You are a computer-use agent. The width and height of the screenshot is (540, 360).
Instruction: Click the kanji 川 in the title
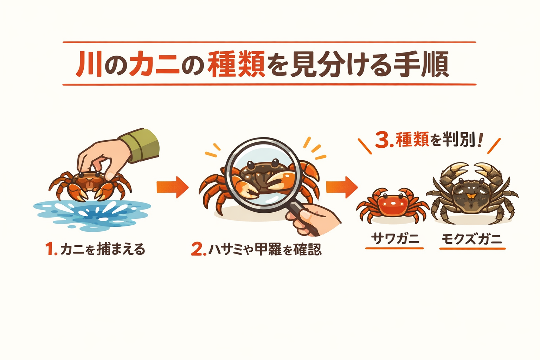point(89,64)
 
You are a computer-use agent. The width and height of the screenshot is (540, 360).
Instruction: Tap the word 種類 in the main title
point(236,64)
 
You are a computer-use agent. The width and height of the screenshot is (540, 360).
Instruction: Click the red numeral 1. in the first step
point(51,249)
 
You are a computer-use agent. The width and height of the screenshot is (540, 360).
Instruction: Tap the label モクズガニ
point(471,239)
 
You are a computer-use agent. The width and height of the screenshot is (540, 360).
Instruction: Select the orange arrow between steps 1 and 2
point(172,187)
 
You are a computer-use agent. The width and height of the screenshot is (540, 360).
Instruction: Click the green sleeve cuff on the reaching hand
point(142,145)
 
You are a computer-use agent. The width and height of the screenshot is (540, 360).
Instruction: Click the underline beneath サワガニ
point(394,248)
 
